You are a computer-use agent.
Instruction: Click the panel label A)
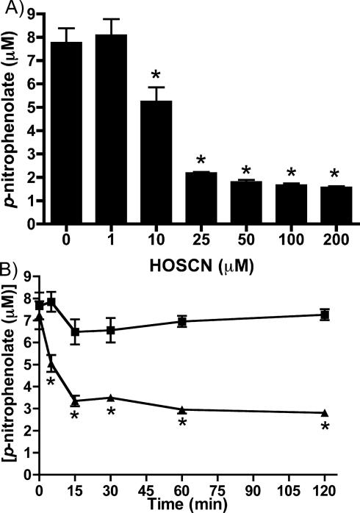coord(12,9)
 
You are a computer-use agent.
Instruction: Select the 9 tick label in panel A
coord(30,13)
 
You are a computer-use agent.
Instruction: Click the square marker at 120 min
coord(325,315)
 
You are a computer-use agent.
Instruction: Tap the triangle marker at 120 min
coord(325,413)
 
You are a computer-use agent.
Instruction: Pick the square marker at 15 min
coord(74,332)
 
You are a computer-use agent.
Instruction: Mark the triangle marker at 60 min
coord(181,409)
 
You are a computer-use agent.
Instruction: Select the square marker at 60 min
coord(181,321)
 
